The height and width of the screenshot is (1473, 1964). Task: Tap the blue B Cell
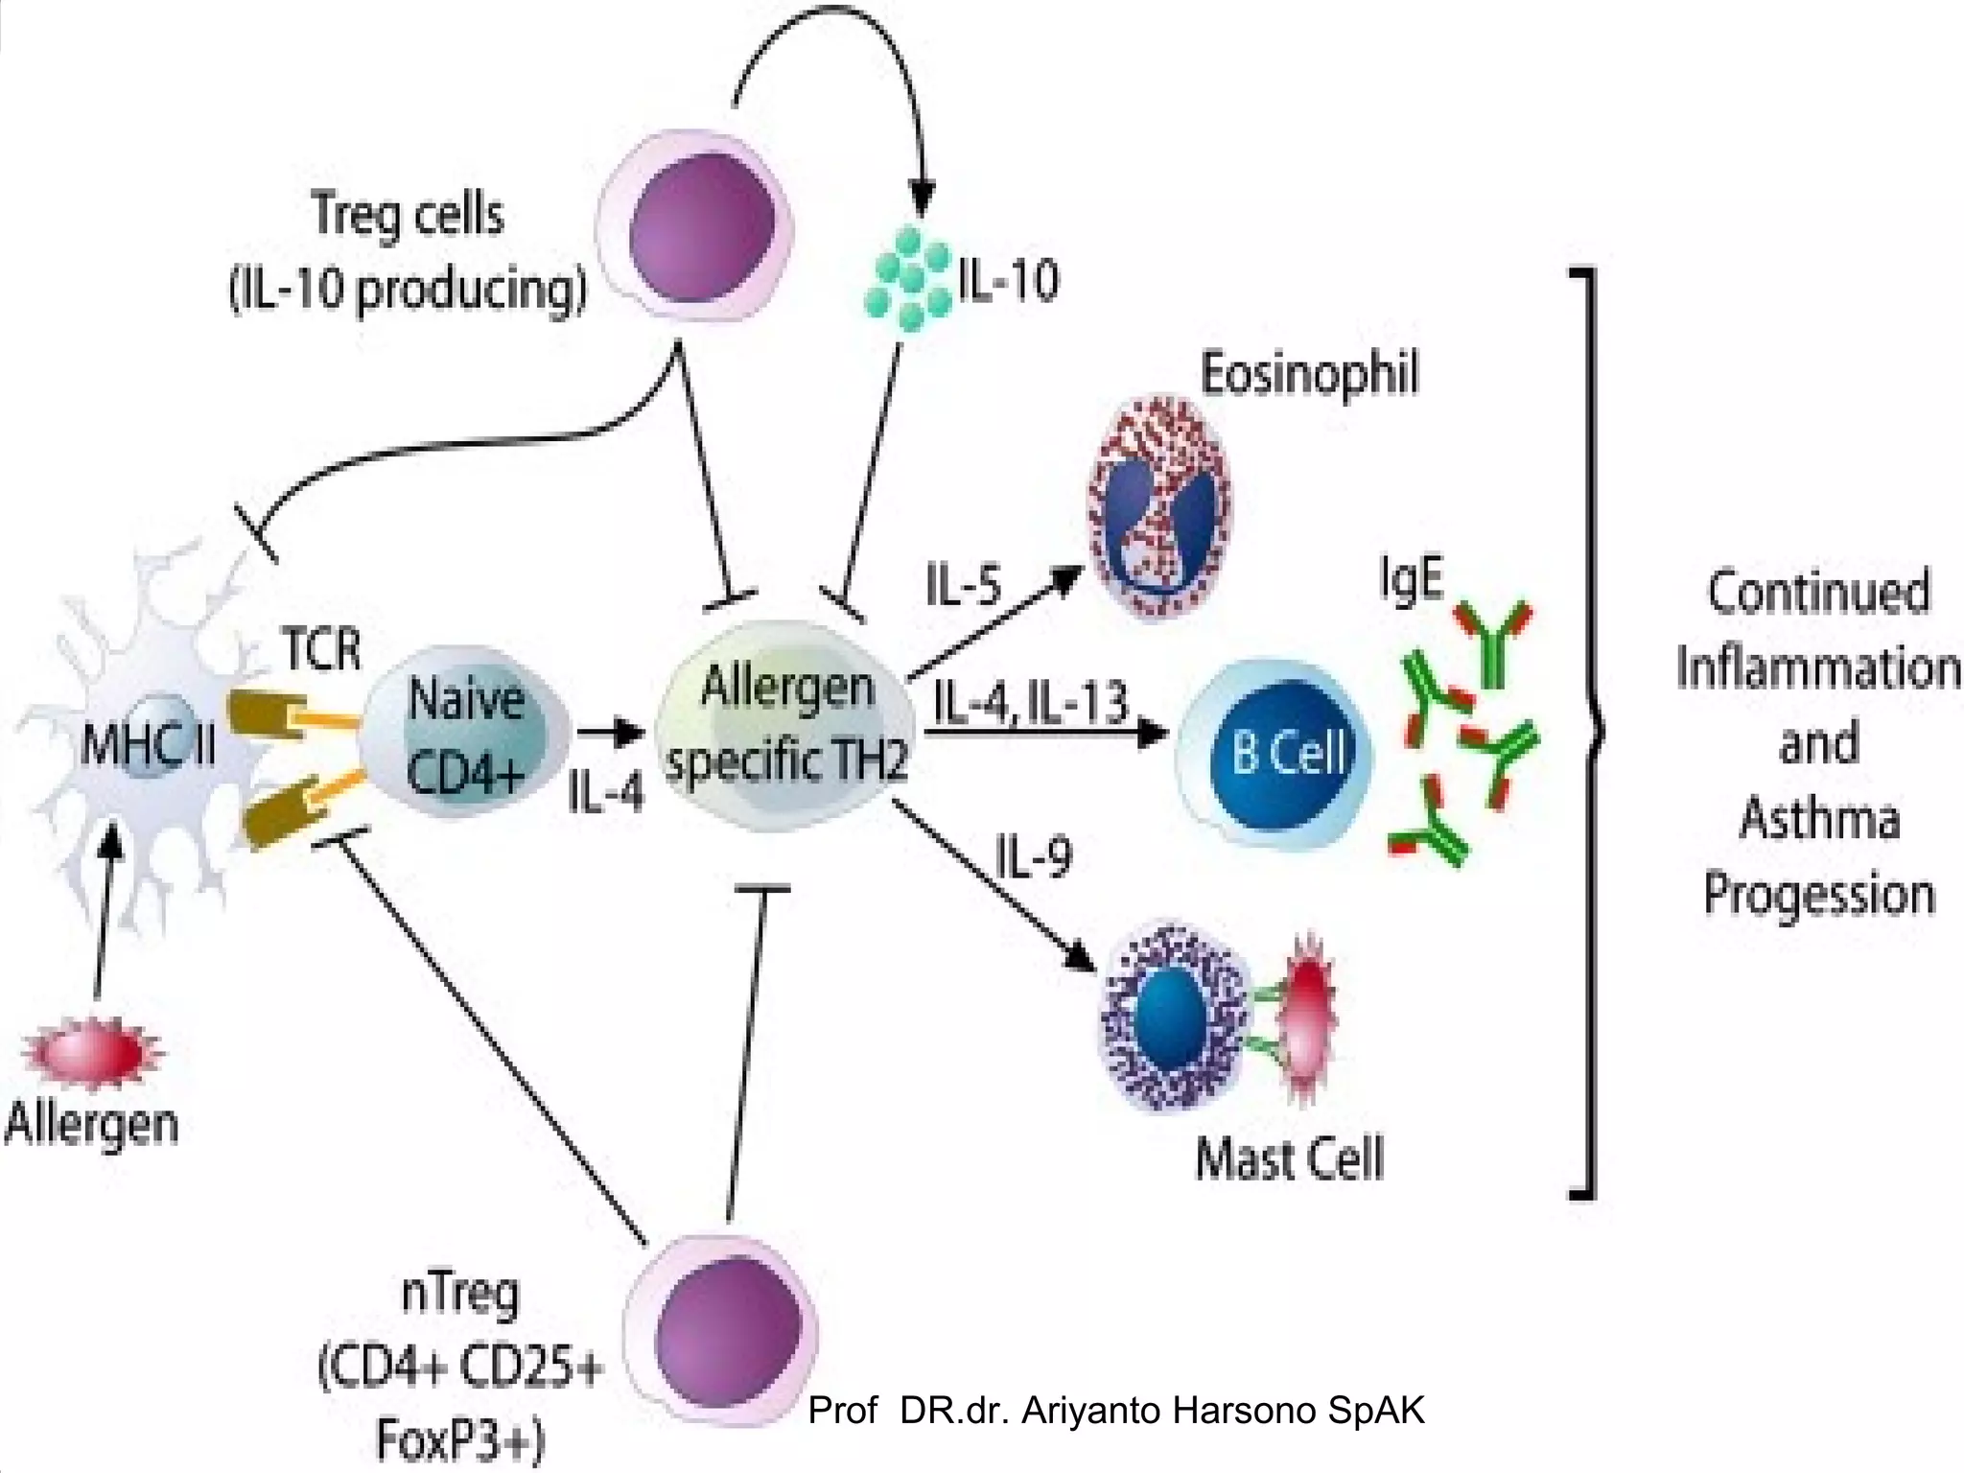[x=1275, y=753]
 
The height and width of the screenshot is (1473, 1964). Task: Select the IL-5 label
[x=963, y=585]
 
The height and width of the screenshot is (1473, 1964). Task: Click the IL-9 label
[x=1034, y=856]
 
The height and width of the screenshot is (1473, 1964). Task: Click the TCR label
[x=322, y=649]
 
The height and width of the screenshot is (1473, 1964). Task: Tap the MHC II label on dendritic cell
[x=148, y=744]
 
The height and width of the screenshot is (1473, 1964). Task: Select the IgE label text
[x=1411, y=578]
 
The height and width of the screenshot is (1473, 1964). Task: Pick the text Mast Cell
[x=1290, y=1157]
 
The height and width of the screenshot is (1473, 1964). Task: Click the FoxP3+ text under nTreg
[x=460, y=1438]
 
